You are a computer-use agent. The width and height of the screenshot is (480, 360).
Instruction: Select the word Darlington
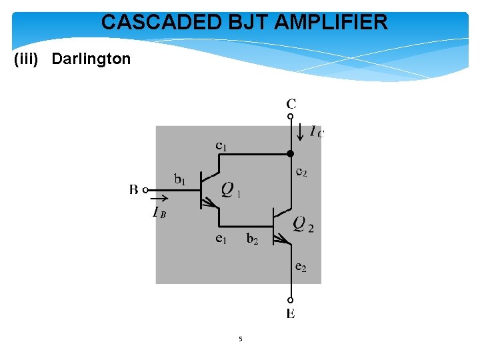click(x=91, y=59)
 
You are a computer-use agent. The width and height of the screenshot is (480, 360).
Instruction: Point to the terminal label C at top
click(x=291, y=103)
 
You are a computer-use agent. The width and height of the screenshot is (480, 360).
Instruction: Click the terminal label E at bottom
click(x=291, y=314)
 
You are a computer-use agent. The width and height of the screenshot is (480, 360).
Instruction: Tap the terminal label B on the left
click(x=134, y=190)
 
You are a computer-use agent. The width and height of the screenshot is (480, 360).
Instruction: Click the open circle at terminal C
click(x=291, y=117)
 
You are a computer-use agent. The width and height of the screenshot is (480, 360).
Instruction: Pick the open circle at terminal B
click(x=145, y=190)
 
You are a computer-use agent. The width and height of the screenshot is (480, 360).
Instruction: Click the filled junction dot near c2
click(x=291, y=154)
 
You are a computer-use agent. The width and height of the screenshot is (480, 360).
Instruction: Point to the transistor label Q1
click(x=230, y=191)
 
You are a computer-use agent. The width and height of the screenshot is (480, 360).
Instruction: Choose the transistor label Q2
click(x=303, y=224)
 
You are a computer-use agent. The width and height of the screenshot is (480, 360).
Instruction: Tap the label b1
click(x=180, y=179)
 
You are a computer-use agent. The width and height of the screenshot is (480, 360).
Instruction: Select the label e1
click(x=221, y=239)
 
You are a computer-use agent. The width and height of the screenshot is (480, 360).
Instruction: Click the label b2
click(x=252, y=239)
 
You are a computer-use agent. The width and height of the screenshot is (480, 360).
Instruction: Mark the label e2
click(x=301, y=267)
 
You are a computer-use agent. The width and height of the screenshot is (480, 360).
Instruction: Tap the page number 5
click(x=241, y=339)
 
